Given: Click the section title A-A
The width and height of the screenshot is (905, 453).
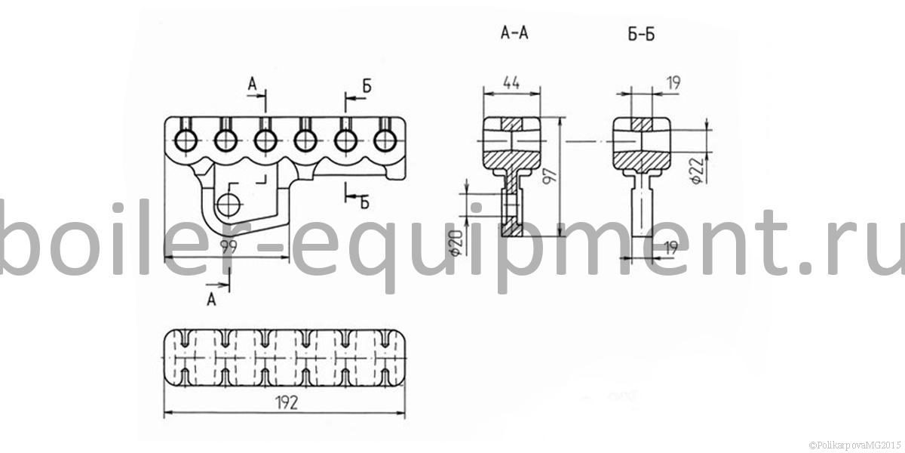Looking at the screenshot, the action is coord(514,32).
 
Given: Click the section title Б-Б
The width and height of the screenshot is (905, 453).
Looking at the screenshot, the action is coord(641,35).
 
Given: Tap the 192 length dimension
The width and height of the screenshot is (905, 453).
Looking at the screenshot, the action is coord(287,402).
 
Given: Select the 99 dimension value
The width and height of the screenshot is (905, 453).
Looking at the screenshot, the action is coord(229,247).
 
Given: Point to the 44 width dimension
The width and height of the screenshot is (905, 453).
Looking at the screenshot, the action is coord(511,83).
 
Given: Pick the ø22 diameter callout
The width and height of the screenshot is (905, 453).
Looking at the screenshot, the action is coord(698,171).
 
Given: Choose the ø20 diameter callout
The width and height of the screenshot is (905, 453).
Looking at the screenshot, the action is coord(456,243).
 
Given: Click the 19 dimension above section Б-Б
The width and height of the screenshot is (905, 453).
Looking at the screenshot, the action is coord(673,83).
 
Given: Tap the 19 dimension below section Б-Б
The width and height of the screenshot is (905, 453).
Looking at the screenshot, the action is coord(671,248).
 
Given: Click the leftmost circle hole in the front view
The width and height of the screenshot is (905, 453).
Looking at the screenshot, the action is coord(186,141).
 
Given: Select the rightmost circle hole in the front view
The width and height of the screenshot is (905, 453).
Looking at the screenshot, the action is coord(385,141).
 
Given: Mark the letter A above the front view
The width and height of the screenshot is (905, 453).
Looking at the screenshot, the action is coord(252,85).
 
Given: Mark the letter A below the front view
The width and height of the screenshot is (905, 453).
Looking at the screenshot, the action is coord(211,300).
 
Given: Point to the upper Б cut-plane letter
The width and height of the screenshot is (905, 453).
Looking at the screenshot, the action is coord(367,86).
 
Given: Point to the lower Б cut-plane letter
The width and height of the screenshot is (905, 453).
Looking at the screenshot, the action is coord(364,202).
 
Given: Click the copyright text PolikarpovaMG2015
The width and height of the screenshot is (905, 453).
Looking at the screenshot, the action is coord(855,445).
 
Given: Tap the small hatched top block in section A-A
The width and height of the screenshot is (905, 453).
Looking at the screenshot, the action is coord(511,124).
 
